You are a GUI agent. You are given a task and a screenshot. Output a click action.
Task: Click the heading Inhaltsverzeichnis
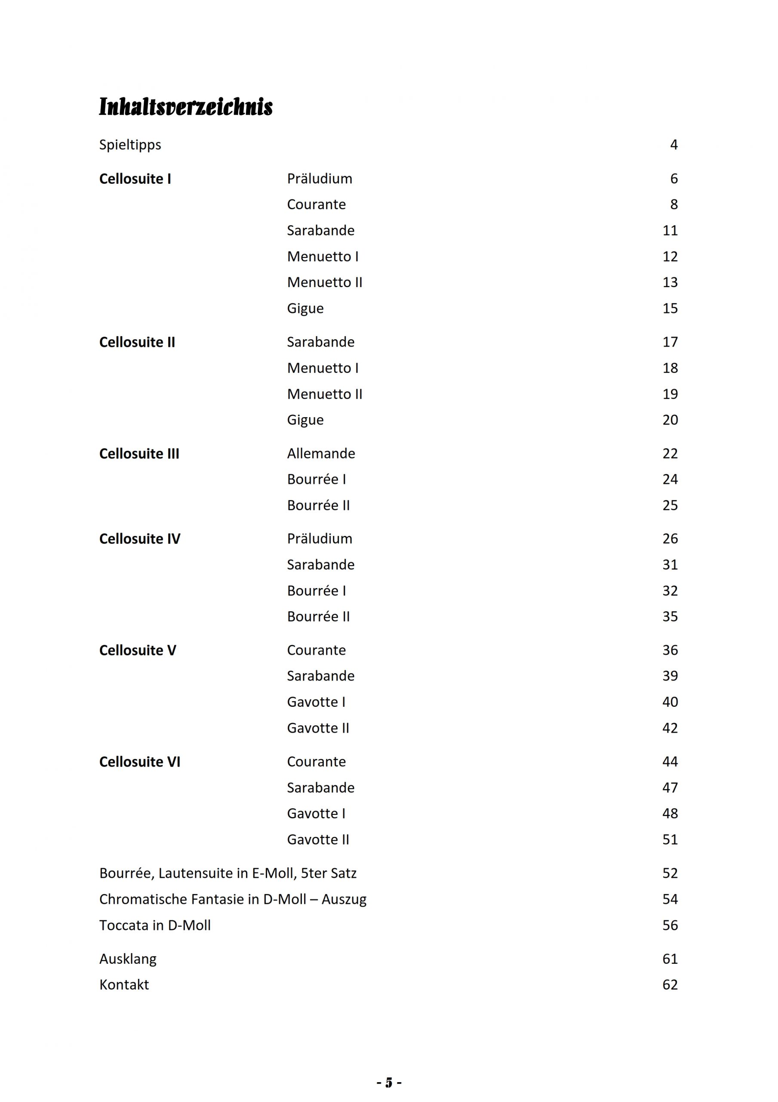[186, 107]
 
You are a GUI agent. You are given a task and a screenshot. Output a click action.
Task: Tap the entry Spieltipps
[130, 145]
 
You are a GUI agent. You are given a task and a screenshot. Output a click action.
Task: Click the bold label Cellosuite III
[139, 454]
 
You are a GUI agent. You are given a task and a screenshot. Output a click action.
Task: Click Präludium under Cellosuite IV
[320, 539]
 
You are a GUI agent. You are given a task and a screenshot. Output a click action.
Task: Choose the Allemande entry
[321, 454]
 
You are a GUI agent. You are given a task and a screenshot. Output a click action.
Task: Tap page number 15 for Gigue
[670, 308]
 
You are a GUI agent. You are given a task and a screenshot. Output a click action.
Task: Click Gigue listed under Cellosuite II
[305, 420]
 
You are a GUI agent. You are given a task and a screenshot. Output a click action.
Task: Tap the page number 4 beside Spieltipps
[673, 145]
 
